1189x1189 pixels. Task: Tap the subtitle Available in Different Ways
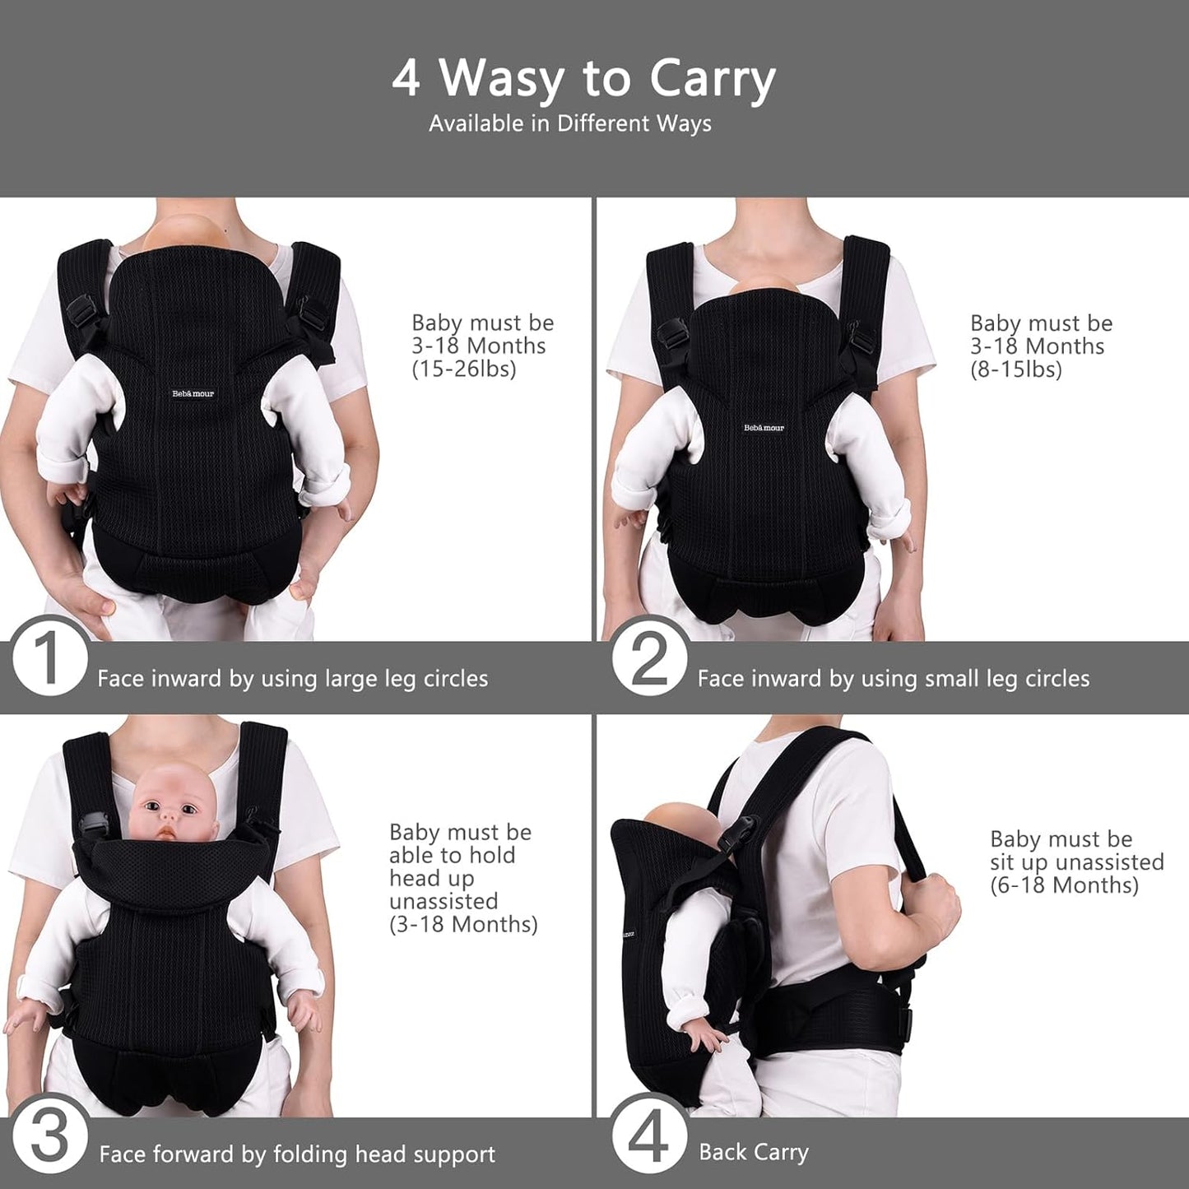pos(570,123)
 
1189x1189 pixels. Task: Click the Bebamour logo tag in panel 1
pos(193,393)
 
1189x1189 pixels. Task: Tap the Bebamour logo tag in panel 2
pos(764,428)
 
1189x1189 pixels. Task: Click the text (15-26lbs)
pos(463,369)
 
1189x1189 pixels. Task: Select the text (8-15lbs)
pos(1015,369)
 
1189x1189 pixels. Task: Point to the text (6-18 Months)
pos(1065,885)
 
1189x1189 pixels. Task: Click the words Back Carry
pos(754,1152)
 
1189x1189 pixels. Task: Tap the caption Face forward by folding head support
pos(297,1154)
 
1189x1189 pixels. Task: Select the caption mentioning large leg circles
pos(292,679)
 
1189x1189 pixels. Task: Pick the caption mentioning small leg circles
pos(894,679)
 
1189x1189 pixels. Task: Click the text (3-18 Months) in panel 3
pos(463,924)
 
